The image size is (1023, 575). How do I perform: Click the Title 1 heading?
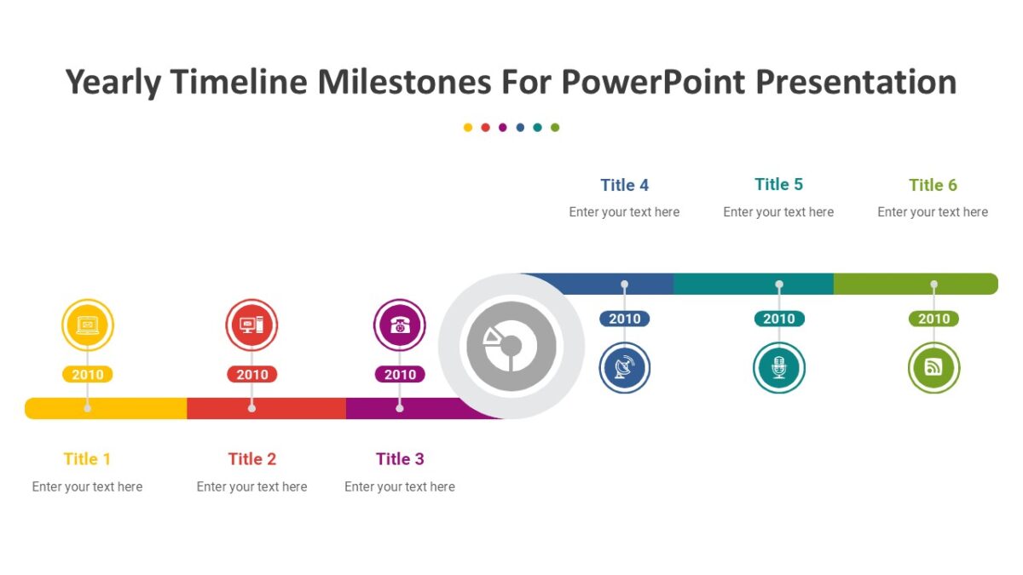(x=87, y=459)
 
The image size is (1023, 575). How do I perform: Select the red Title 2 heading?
(x=252, y=459)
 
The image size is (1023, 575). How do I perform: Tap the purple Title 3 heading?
(x=400, y=459)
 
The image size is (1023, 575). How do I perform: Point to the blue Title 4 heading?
(x=624, y=185)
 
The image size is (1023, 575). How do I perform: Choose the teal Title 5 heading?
(x=778, y=184)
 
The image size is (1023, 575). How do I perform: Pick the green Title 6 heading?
(x=933, y=185)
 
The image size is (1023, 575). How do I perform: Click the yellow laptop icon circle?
(x=88, y=325)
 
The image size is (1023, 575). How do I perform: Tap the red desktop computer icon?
(x=251, y=325)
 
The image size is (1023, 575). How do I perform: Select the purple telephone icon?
(x=400, y=325)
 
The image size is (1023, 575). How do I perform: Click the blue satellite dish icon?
(x=624, y=368)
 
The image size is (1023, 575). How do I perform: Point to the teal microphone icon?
(x=778, y=368)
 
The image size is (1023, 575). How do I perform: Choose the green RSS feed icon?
(x=933, y=368)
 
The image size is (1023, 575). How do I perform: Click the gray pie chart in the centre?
(x=511, y=346)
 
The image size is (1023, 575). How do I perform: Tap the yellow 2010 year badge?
(x=88, y=375)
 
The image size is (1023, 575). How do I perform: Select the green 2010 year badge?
(x=933, y=319)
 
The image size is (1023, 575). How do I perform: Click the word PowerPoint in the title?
(x=652, y=83)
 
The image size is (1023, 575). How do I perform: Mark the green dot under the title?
(x=555, y=128)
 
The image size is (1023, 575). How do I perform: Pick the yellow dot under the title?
(x=468, y=128)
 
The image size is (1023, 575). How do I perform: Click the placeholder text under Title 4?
(x=624, y=212)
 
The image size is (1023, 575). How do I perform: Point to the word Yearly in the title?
(x=113, y=83)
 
